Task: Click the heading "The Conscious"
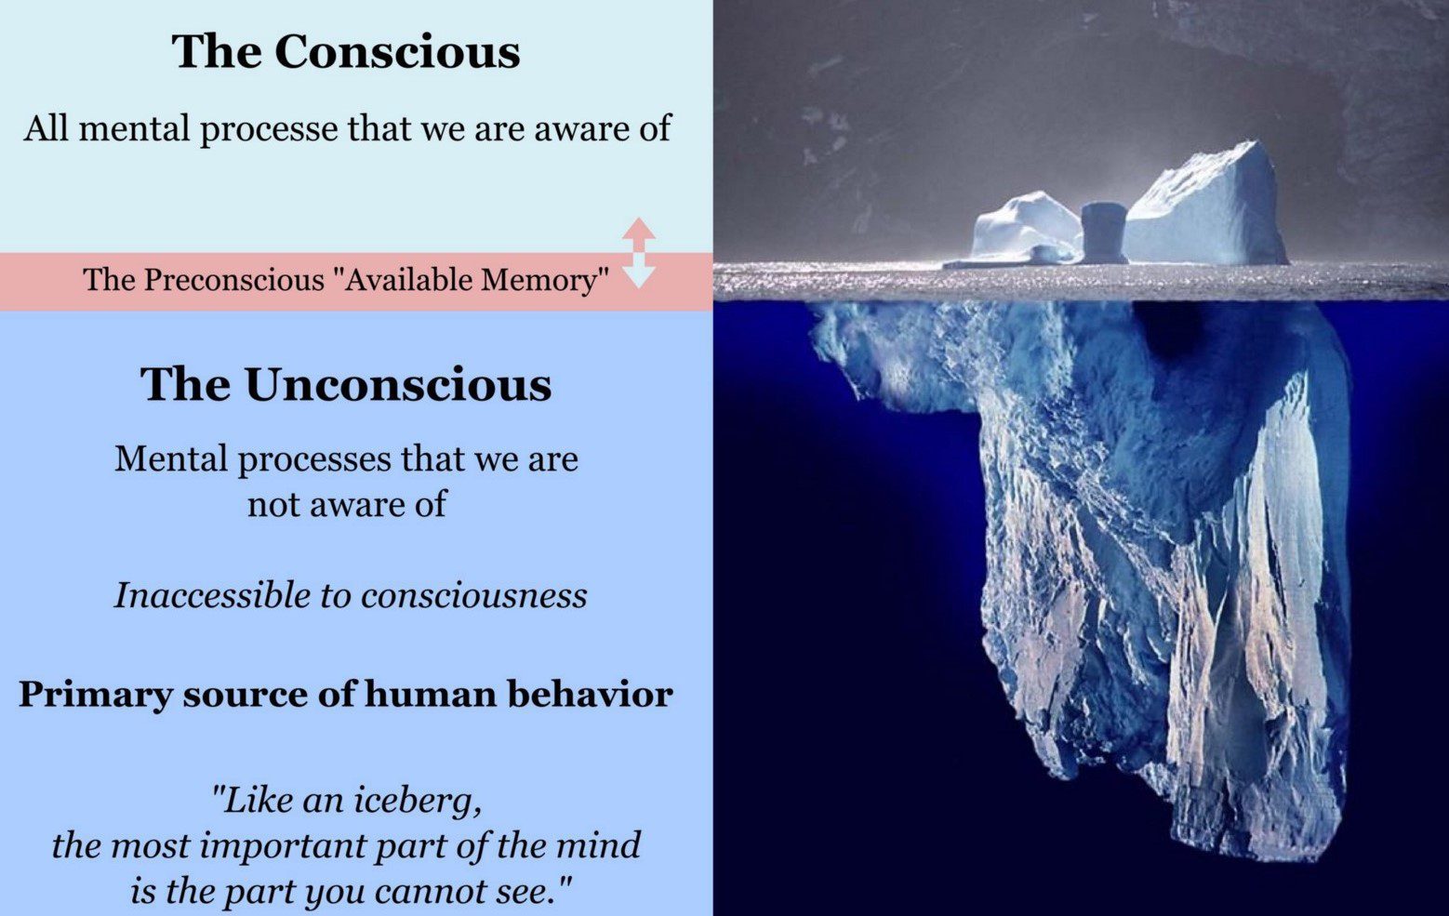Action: (x=346, y=51)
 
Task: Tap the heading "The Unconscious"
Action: (x=346, y=384)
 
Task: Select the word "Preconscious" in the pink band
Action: (x=232, y=280)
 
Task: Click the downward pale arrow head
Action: (x=639, y=273)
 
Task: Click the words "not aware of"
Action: (x=346, y=504)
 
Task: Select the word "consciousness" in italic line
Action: (x=474, y=595)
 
